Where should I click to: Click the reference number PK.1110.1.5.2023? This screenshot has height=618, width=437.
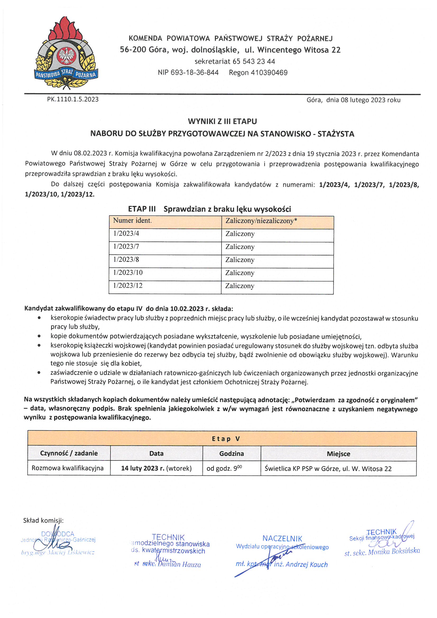73,99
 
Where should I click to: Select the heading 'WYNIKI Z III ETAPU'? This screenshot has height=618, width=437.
222,121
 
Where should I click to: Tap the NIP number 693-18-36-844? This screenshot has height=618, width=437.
195,73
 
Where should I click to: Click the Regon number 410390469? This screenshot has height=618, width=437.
269,73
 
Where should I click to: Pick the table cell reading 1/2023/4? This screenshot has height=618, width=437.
126,233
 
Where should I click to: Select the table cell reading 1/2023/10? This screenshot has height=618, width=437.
128,273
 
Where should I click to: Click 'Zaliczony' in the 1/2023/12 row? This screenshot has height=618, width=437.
240,286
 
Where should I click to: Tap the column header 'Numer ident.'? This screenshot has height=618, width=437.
132,221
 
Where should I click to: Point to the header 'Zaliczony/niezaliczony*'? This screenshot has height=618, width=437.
261,221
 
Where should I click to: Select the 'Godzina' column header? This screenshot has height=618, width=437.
231,454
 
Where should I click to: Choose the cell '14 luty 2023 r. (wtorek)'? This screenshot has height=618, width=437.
156,468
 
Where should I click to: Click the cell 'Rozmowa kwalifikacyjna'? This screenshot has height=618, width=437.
68,468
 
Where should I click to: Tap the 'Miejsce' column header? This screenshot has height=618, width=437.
338,454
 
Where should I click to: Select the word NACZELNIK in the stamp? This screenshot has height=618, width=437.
282,539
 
